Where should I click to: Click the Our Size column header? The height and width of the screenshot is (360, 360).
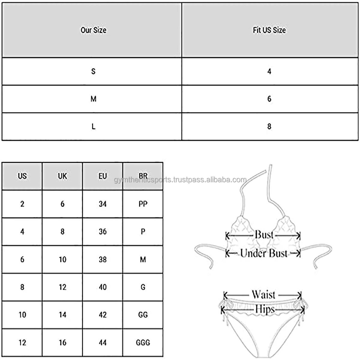click(x=93, y=30)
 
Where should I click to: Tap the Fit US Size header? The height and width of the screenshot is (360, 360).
click(x=269, y=30)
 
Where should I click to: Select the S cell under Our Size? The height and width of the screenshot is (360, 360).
click(x=93, y=71)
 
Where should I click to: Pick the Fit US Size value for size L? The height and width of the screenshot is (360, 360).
click(x=269, y=127)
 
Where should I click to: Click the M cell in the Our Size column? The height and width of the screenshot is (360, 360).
click(x=93, y=99)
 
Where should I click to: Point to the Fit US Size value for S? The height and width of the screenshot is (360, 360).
click(x=269, y=71)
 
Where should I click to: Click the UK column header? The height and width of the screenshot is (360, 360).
click(x=62, y=176)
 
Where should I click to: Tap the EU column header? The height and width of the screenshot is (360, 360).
click(x=103, y=176)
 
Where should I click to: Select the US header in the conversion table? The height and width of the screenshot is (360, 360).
click(x=22, y=176)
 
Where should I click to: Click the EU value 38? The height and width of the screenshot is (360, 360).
click(x=103, y=259)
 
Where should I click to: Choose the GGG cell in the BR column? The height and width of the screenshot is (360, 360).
click(x=143, y=343)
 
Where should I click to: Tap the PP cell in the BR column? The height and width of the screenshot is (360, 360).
click(x=143, y=204)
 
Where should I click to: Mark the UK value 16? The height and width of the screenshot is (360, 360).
click(x=62, y=343)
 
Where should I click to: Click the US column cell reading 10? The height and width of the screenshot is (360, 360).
click(x=22, y=315)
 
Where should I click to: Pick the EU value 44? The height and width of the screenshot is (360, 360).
click(x=103, y=343)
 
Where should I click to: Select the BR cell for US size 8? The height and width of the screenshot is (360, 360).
click(x=143, y=287)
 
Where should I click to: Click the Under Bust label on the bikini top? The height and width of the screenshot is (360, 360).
click(x=263, y=253)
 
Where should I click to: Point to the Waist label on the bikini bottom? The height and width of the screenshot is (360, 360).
click(x=263, y=295)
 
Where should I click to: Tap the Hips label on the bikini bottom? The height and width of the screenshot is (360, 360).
click(x=265, y=309)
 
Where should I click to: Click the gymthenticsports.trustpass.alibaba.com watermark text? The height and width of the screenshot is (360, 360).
click(x=180, y=180)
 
